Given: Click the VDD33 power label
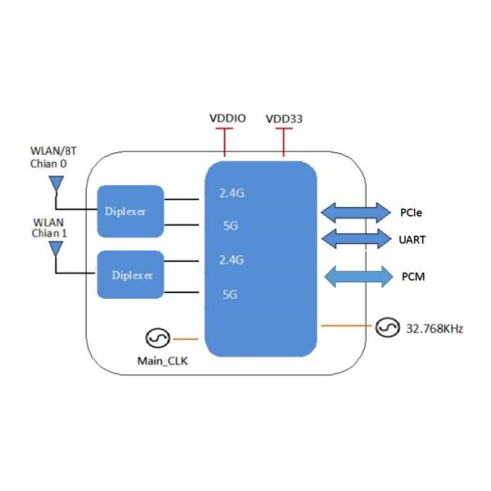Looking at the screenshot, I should tap(284, 119).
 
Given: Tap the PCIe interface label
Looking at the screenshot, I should tap(411, 213).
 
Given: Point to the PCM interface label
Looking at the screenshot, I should tap(412, 277).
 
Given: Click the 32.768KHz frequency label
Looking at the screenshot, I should tap(435, 329).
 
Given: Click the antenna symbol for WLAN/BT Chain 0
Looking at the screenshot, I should tap(55, 185).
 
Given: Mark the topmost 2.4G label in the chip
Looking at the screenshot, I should tap(232, 194).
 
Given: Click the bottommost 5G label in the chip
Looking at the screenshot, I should tap(230, 294).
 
